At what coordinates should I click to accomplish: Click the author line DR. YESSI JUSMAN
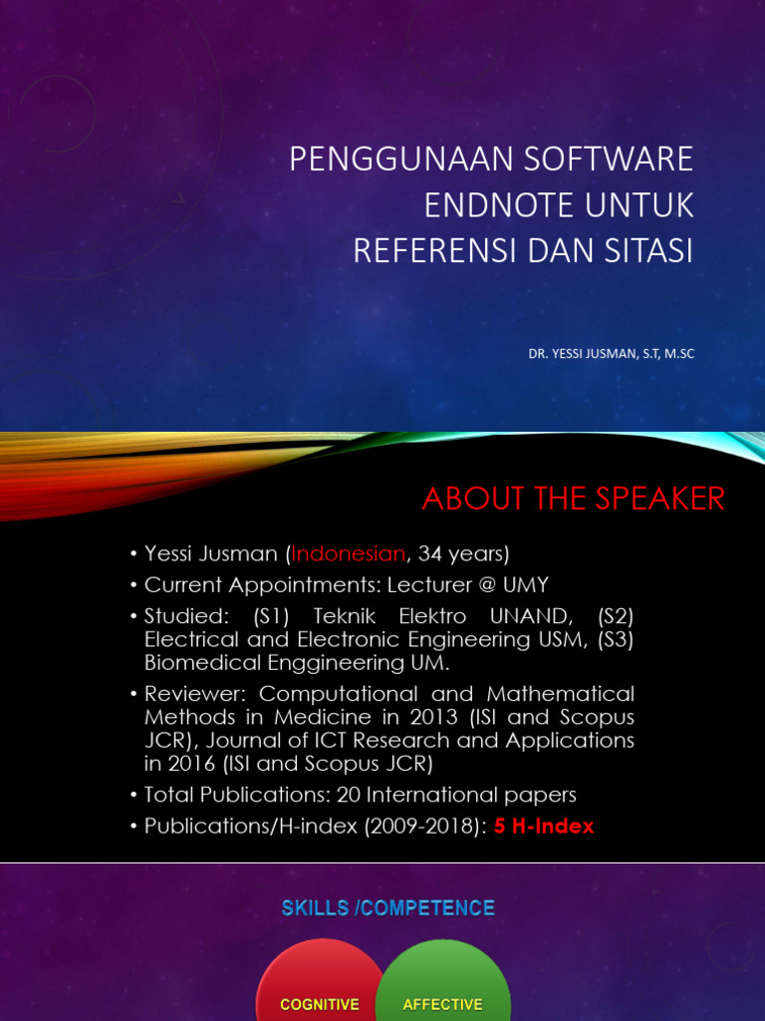(612, 354)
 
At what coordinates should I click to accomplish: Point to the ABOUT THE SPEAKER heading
(573, 499)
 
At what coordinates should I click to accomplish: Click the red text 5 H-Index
(544, 827)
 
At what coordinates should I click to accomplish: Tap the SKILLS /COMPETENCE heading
(387, 908)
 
